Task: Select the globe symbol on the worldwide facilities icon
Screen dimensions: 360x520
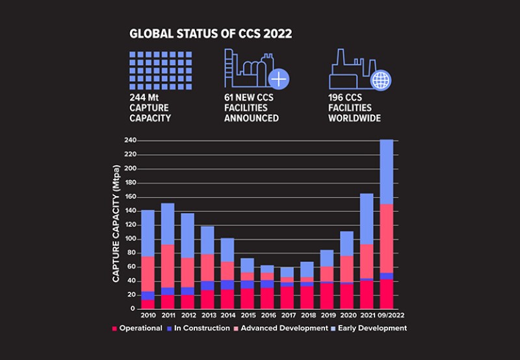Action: click(382, 80)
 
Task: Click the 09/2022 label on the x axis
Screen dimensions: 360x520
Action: click(387, 316)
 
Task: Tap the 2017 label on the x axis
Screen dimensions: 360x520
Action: click(287, 316)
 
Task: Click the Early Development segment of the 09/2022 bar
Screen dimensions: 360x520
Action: click(387, 172)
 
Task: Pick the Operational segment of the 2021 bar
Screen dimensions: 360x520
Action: click(367, 295)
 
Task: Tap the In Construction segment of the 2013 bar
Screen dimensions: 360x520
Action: click(207, 286)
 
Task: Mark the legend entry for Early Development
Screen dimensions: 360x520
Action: click(370, 328)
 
